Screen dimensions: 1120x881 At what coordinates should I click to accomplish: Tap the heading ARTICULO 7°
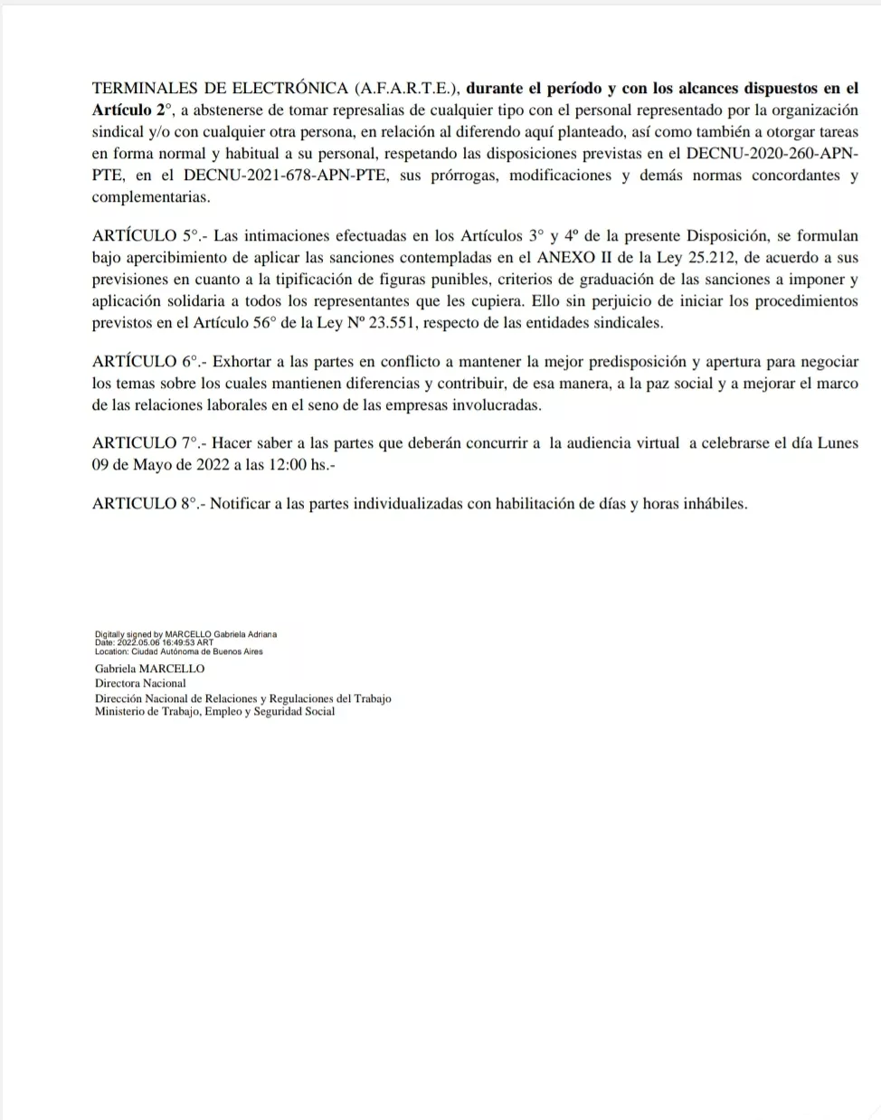[145, 443]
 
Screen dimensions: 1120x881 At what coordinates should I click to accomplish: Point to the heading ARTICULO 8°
[145, 504]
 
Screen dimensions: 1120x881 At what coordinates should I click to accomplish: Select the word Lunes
[837, 443]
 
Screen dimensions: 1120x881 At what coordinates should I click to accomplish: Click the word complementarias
[150, 197]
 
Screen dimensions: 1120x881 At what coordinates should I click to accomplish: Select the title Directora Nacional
[140, 684]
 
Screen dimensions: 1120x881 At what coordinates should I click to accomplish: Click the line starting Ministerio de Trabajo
[214, 712]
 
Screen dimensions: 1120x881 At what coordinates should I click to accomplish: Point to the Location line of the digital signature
[179, 651]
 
